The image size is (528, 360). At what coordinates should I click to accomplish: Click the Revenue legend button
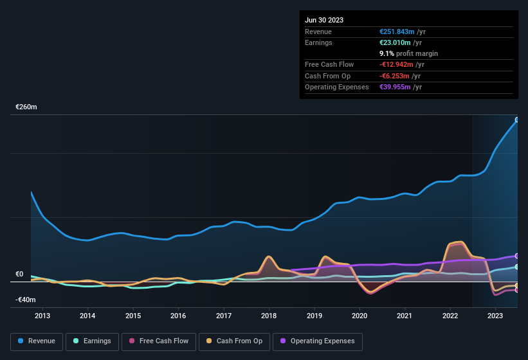37,341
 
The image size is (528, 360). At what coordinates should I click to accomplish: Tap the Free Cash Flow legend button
159,341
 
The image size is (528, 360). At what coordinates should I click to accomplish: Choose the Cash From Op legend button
235,341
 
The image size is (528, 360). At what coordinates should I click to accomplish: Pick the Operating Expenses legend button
318,341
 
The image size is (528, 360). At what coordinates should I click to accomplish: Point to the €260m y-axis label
26,107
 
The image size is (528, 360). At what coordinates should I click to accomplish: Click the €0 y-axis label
19,274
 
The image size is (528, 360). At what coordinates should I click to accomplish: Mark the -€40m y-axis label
26,300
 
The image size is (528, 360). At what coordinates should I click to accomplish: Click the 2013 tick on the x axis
42,316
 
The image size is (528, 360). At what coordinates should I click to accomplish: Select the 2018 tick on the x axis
269,316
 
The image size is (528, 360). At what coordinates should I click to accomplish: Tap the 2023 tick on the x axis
495,316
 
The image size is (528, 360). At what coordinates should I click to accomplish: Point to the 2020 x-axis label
360,316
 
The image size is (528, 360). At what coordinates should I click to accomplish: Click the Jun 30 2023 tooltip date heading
324,20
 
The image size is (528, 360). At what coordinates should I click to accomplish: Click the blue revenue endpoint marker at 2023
517,120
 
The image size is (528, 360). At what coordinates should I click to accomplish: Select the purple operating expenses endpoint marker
517,256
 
